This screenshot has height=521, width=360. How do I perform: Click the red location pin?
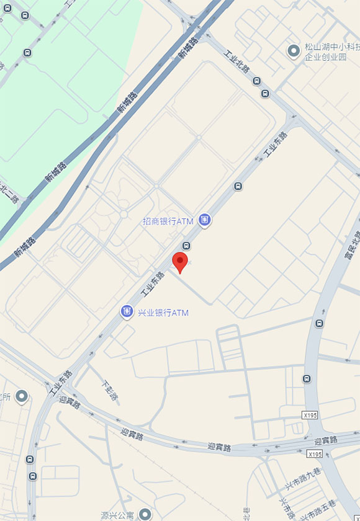tap(180, 262)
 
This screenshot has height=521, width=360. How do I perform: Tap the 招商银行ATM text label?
tap(168, 221)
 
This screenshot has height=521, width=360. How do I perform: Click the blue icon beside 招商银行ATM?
tap(204, 220)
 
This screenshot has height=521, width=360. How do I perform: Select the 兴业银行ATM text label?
tap(163, 313)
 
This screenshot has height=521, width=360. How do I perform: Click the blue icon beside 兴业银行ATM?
tap(127, 311)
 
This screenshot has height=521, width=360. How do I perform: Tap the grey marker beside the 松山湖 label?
tap(294, 50)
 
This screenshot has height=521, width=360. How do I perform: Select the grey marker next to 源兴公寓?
tap(145, 514)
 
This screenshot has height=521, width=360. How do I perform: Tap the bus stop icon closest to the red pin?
tap(186, 246)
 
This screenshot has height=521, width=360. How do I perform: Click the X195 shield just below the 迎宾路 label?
tap(315, 454)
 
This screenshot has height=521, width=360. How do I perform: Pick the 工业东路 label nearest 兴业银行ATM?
tap(151, 284)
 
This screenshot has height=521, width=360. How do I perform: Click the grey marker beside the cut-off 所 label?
tap(22, 395)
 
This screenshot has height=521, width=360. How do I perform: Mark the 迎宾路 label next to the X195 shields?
tap(325, 440)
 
